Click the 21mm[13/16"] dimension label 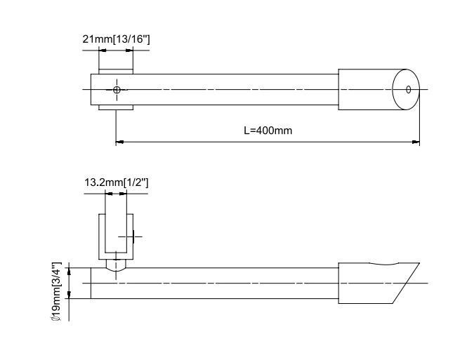[116, 39]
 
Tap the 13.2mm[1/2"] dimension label [116, 182]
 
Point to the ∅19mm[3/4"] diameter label [57, 291]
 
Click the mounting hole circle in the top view [117, 89]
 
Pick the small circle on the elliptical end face [408, 89]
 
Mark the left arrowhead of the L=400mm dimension [119, 142]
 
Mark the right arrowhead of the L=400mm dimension [416, 142]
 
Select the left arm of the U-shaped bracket [102, 235]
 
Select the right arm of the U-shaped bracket [130, 235]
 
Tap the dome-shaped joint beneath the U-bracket [116, 265]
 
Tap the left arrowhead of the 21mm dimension [101, 52]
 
